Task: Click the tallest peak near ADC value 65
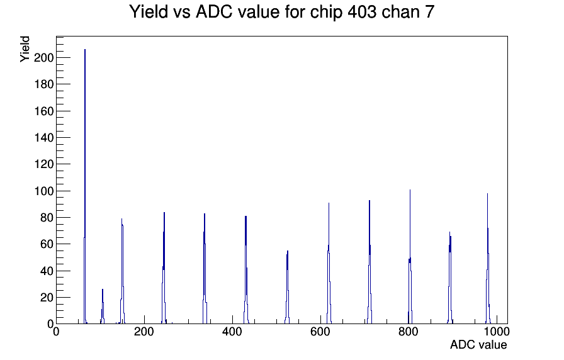coord(85,187)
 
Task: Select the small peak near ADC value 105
coord(103,307)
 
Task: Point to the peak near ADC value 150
coord(122,271)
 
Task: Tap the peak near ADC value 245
coord(164,268)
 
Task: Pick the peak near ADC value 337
coord(205,269)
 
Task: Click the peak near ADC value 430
coord(245,270)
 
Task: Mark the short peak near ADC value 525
coord(288,288)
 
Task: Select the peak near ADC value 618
coord(329,263)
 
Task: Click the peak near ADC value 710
coord(369,262)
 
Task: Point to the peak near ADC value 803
coord(410,257)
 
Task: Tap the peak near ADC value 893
coord(450,278)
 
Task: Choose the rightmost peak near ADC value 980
coord(488,259)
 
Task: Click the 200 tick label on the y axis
coord(43,57)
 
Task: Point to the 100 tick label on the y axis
coord(43,191)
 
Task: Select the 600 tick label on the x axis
coord(320,332)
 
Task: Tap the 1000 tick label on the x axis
coord(497,332)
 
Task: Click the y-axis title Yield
coord(25,49)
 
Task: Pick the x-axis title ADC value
coord(478,344)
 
